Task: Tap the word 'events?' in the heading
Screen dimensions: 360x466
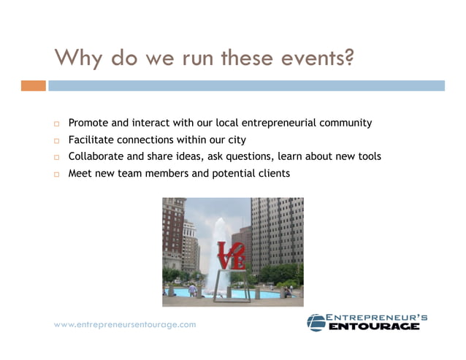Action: click(318, 57)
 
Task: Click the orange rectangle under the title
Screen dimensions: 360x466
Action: click(33, 85)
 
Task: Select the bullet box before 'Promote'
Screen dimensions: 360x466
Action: click(55, 123)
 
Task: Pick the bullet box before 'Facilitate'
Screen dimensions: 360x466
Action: click(55, 140)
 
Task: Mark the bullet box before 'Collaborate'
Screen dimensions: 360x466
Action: click(55, 157)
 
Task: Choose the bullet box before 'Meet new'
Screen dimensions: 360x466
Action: click(55, 175)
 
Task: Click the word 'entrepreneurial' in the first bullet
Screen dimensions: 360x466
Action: click(279, 123)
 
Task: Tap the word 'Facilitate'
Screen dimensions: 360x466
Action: click(92, 139)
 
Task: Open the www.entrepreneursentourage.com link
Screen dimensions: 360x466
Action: click(125, 324)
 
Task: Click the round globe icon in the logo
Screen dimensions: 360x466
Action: click(316, 322)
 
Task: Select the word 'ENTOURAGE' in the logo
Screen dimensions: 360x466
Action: click(374, 326)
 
